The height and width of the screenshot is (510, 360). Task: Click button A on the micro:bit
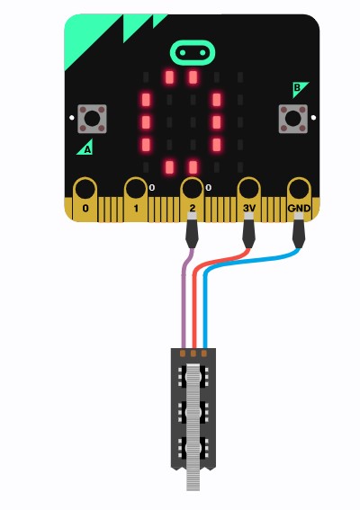pyautogui.click(x=92, y=119)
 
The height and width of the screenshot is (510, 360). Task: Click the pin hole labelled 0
pyautogui.click(x=85, y=189)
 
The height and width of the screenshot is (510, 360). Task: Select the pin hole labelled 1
pyautogui.click(x=136, y=189)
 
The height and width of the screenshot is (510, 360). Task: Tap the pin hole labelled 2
pyautogui.click(x=192, y=189)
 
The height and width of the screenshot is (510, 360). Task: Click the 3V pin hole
pyautogui.click(x=248, y=189)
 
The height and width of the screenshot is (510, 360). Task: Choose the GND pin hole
pyautogui.click(x=299, y=189)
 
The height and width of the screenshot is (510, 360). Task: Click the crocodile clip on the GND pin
pyautogui.click(x=299, y=231)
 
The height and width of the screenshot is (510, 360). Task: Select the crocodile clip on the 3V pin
pyautogui.click(x=248, y=231)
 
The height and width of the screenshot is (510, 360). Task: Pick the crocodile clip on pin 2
pyautogui.click(x=192, y=231)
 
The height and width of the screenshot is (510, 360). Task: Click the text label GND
pyautogui.click(x=299, y=208)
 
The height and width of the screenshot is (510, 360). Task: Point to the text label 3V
pyautogui.click(x=249, y=208)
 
